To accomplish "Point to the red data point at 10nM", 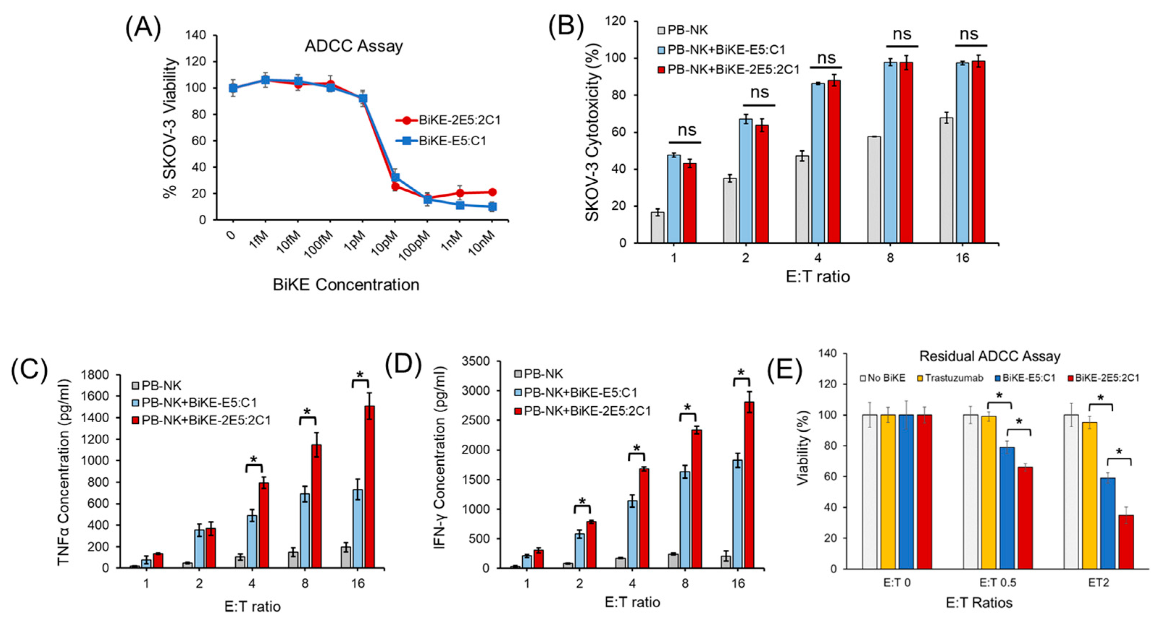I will click(492, 192).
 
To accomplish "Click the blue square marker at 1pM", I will click(363, 98).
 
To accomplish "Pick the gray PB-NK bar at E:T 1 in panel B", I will click(657, 227).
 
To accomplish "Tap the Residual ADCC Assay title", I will click(989, 356).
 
